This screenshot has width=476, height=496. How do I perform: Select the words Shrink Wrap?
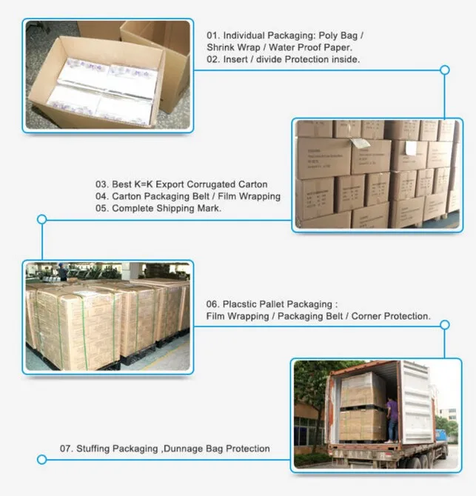(232, 47)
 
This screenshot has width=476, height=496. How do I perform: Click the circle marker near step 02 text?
(445, 70)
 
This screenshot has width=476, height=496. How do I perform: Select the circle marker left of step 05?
(41, 219)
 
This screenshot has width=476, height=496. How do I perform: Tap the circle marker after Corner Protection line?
(445, 324)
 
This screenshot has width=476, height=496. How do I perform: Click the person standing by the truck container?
(392, 419)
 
